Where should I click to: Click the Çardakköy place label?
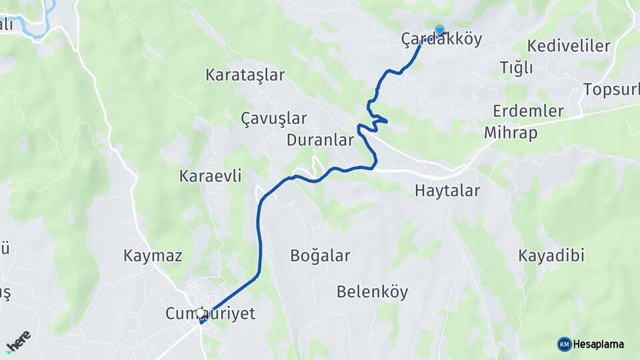tap(441, 39)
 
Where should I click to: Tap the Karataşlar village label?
tap(245, 75)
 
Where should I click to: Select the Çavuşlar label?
tap(274, 119)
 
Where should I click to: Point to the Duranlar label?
tap(319, 140)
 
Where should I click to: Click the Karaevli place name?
tap(210, 176)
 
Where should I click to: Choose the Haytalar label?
tap(447, 191)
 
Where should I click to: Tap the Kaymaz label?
tap(153, 255)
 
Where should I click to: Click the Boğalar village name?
tap(320, 255)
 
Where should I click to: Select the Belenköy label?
tap(372, 292)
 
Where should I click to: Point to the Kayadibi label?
tap(551, 255)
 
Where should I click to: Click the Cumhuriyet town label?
tap(210, 314)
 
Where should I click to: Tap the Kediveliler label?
tap(569, 46)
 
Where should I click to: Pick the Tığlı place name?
tap(516, 67)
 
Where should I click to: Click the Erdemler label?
tap(529, 111)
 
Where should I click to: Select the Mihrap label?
tap(511, 133)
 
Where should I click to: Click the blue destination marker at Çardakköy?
tap(439, 29)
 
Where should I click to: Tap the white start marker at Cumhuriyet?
tap(201, 313)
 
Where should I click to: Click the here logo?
tap(18, 341)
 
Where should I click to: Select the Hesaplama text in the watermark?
tap(599, 345)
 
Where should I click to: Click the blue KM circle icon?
tap(565, 344)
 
